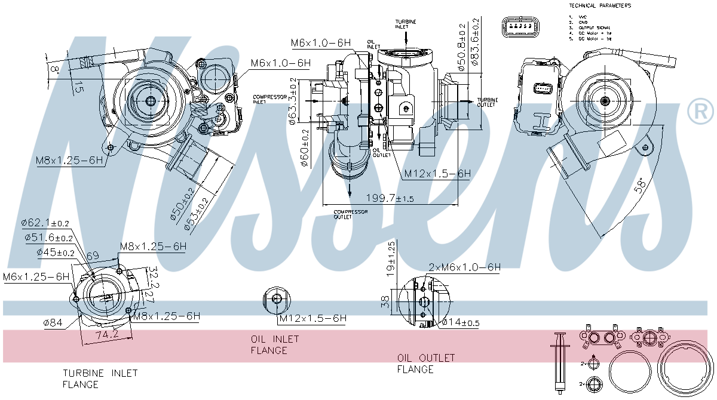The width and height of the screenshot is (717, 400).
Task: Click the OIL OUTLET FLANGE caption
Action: [426, 363]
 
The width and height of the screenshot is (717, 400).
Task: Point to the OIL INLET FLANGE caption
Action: [275, 344]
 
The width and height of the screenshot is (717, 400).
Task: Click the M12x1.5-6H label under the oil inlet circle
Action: [312, 318]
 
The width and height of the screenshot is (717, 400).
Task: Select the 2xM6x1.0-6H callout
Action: [464, 267]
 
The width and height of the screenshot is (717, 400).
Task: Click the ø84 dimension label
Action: [53, 323]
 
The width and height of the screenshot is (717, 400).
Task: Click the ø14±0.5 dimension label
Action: [461, 323]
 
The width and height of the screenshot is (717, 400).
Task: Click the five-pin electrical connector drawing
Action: [519, 27]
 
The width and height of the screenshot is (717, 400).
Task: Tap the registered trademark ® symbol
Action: [700, 112]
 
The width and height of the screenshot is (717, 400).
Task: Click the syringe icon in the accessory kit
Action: [560, 361]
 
